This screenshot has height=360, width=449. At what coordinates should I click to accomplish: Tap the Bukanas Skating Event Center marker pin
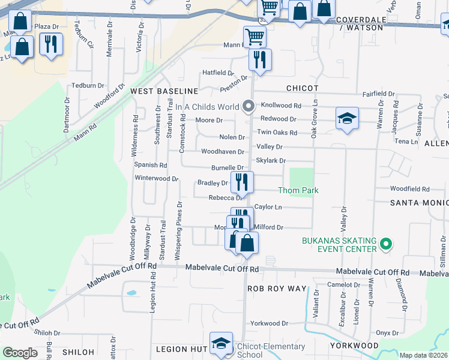pos(386,245)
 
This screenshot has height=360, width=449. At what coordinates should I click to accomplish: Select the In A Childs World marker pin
pos(249,107)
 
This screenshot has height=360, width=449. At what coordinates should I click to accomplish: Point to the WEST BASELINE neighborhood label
pos(164,91)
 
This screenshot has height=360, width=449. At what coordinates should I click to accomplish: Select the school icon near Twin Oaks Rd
pos(347,118)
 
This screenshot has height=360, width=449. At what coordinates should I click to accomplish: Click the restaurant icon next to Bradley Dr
pos(242,181)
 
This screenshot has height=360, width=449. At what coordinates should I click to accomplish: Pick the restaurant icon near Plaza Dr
pos(51,44)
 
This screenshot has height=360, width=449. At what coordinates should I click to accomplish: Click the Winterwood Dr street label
pos(157,178)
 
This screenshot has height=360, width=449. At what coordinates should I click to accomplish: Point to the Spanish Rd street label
pos(150,165)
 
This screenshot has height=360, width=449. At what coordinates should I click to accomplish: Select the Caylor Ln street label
pos(268,207)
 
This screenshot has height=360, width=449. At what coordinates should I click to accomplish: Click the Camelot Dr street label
pos(343,284)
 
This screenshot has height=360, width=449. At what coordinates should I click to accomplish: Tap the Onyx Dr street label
pos(387,333)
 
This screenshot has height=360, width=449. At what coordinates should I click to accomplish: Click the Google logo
pos(19,353)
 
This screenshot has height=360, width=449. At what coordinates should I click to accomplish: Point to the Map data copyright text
pos(423,355)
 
